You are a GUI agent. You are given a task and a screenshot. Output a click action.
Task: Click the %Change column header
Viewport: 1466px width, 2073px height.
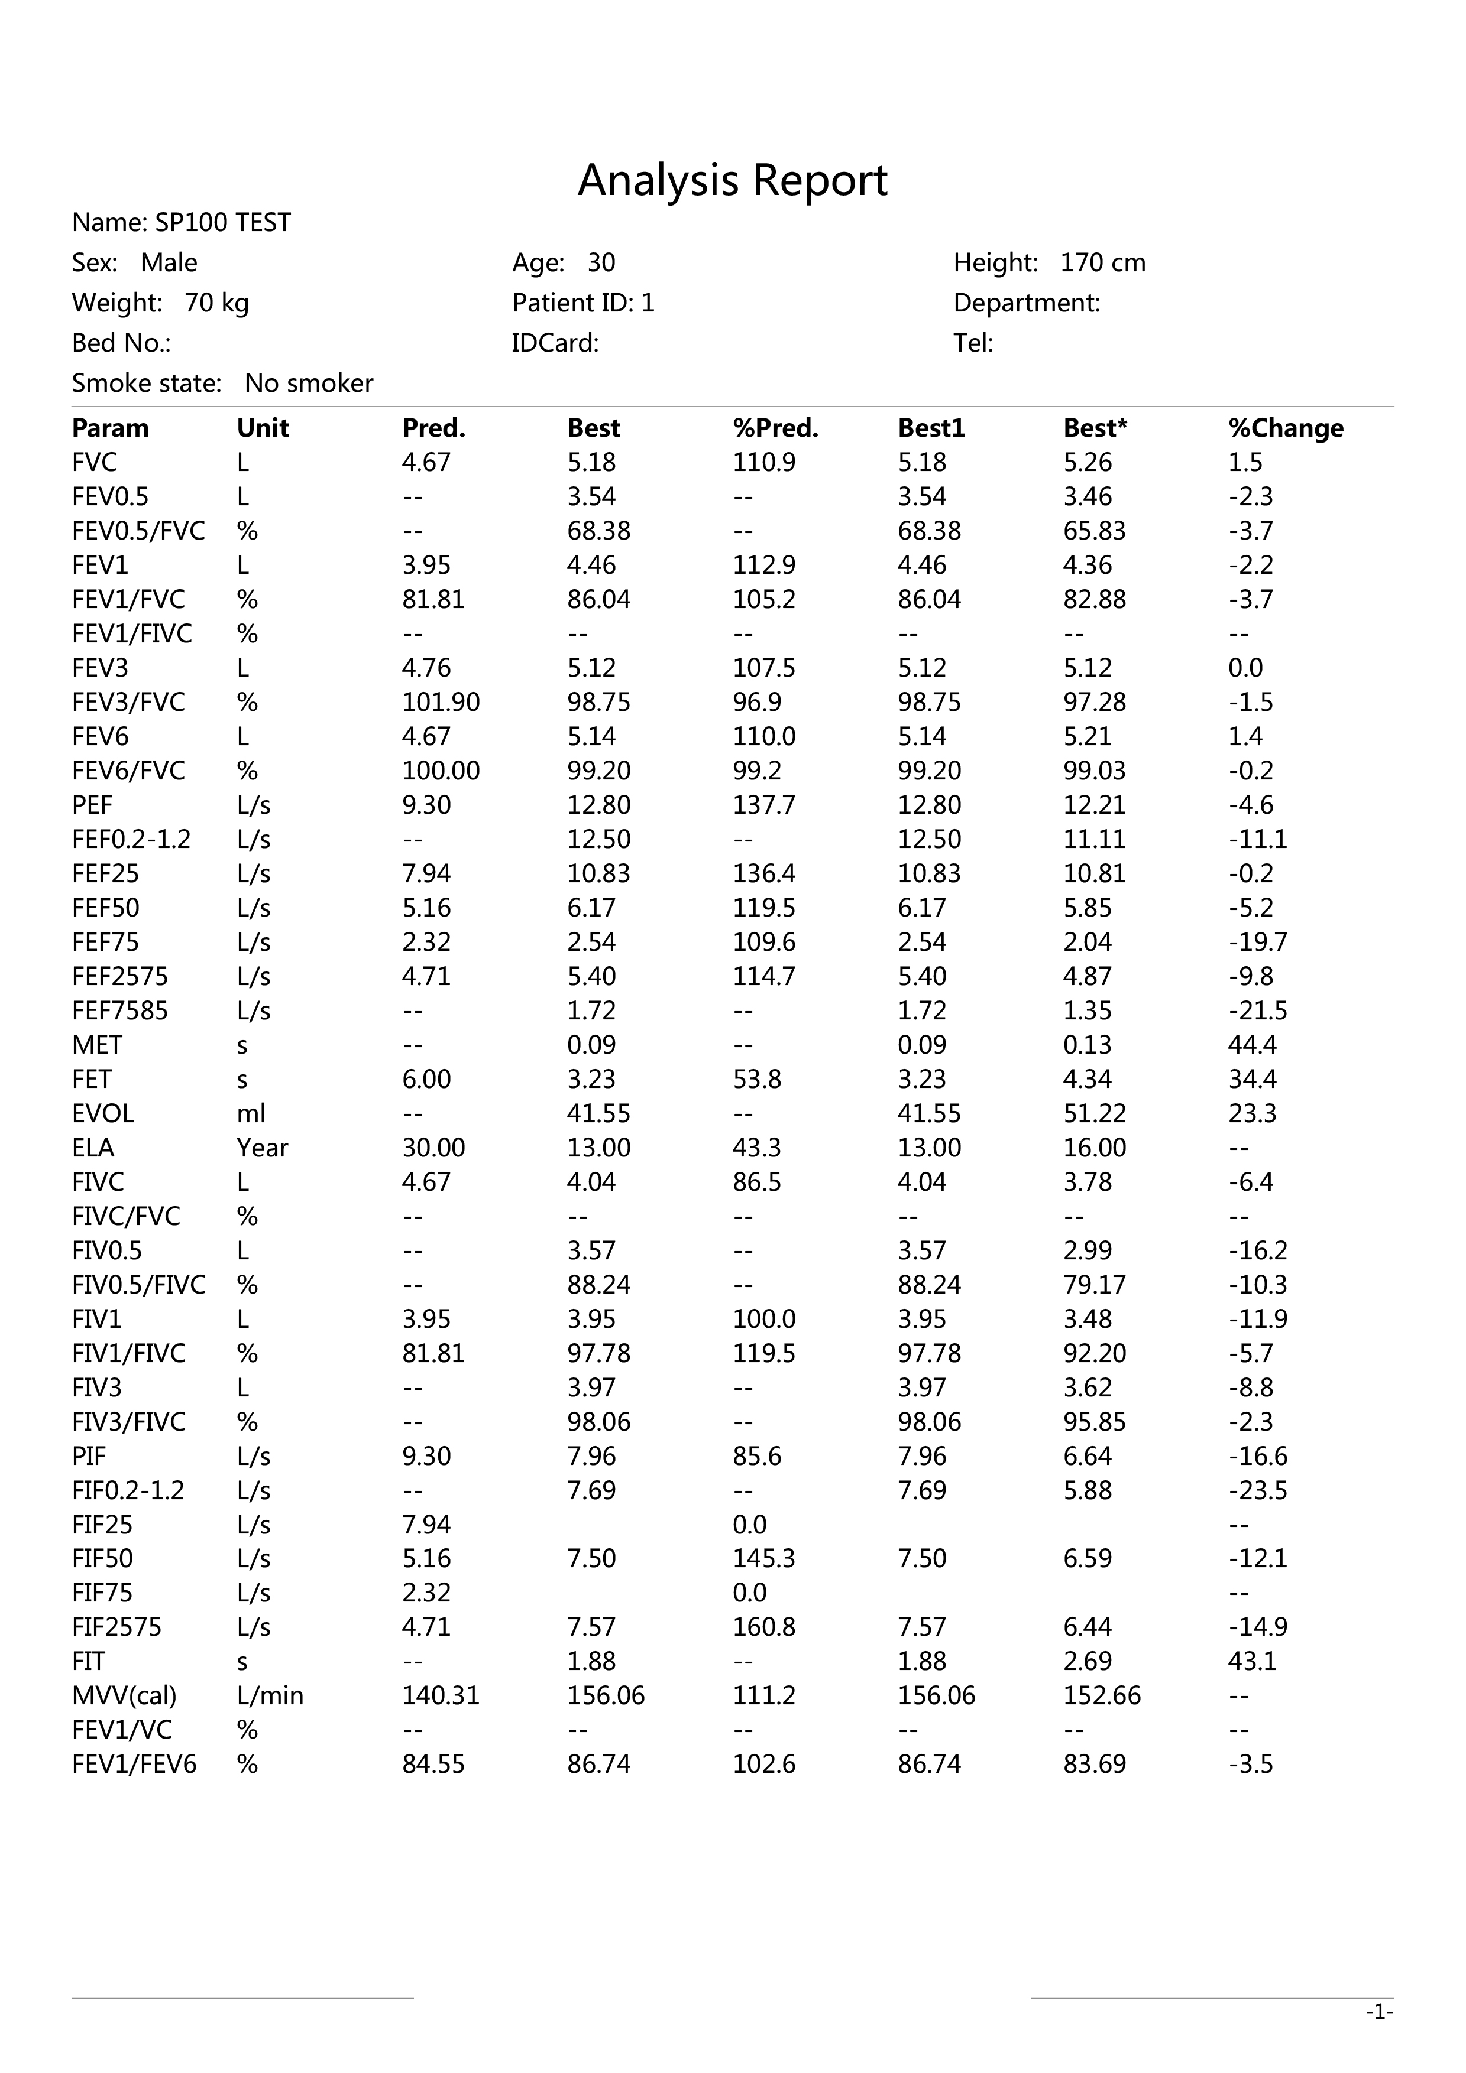click(1286, 428)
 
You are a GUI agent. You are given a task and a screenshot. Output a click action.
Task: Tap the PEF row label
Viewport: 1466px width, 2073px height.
click(92, 804)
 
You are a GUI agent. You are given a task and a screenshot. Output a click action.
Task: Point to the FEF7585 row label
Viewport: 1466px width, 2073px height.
click(120, 1010)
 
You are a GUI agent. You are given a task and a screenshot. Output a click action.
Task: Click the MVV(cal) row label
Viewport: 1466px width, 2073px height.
click(125, 1695)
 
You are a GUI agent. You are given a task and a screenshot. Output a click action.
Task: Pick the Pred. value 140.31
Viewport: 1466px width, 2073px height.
click(441, 1695)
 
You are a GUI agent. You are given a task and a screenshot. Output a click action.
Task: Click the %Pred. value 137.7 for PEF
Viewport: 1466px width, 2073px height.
click(764, 804)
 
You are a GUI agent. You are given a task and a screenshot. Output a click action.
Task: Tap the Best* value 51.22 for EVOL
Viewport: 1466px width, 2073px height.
click(1095, 1113)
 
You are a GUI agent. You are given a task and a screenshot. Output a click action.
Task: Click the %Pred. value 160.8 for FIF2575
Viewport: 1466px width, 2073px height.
click(764, 1627)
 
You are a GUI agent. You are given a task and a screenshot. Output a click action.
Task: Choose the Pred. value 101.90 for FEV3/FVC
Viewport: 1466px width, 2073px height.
click(441, 701)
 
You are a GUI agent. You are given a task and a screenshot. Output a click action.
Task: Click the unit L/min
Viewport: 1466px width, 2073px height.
click(270, 1695)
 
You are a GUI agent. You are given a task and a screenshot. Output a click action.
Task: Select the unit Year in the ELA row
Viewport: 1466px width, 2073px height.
click(262, 1148)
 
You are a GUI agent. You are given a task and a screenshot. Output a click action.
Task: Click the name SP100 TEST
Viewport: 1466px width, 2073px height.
click(222, 223)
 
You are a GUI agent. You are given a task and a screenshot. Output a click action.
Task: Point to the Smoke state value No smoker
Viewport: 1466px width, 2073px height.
click(308, 383)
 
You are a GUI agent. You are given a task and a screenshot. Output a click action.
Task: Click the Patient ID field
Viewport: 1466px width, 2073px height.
click(582, 303)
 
